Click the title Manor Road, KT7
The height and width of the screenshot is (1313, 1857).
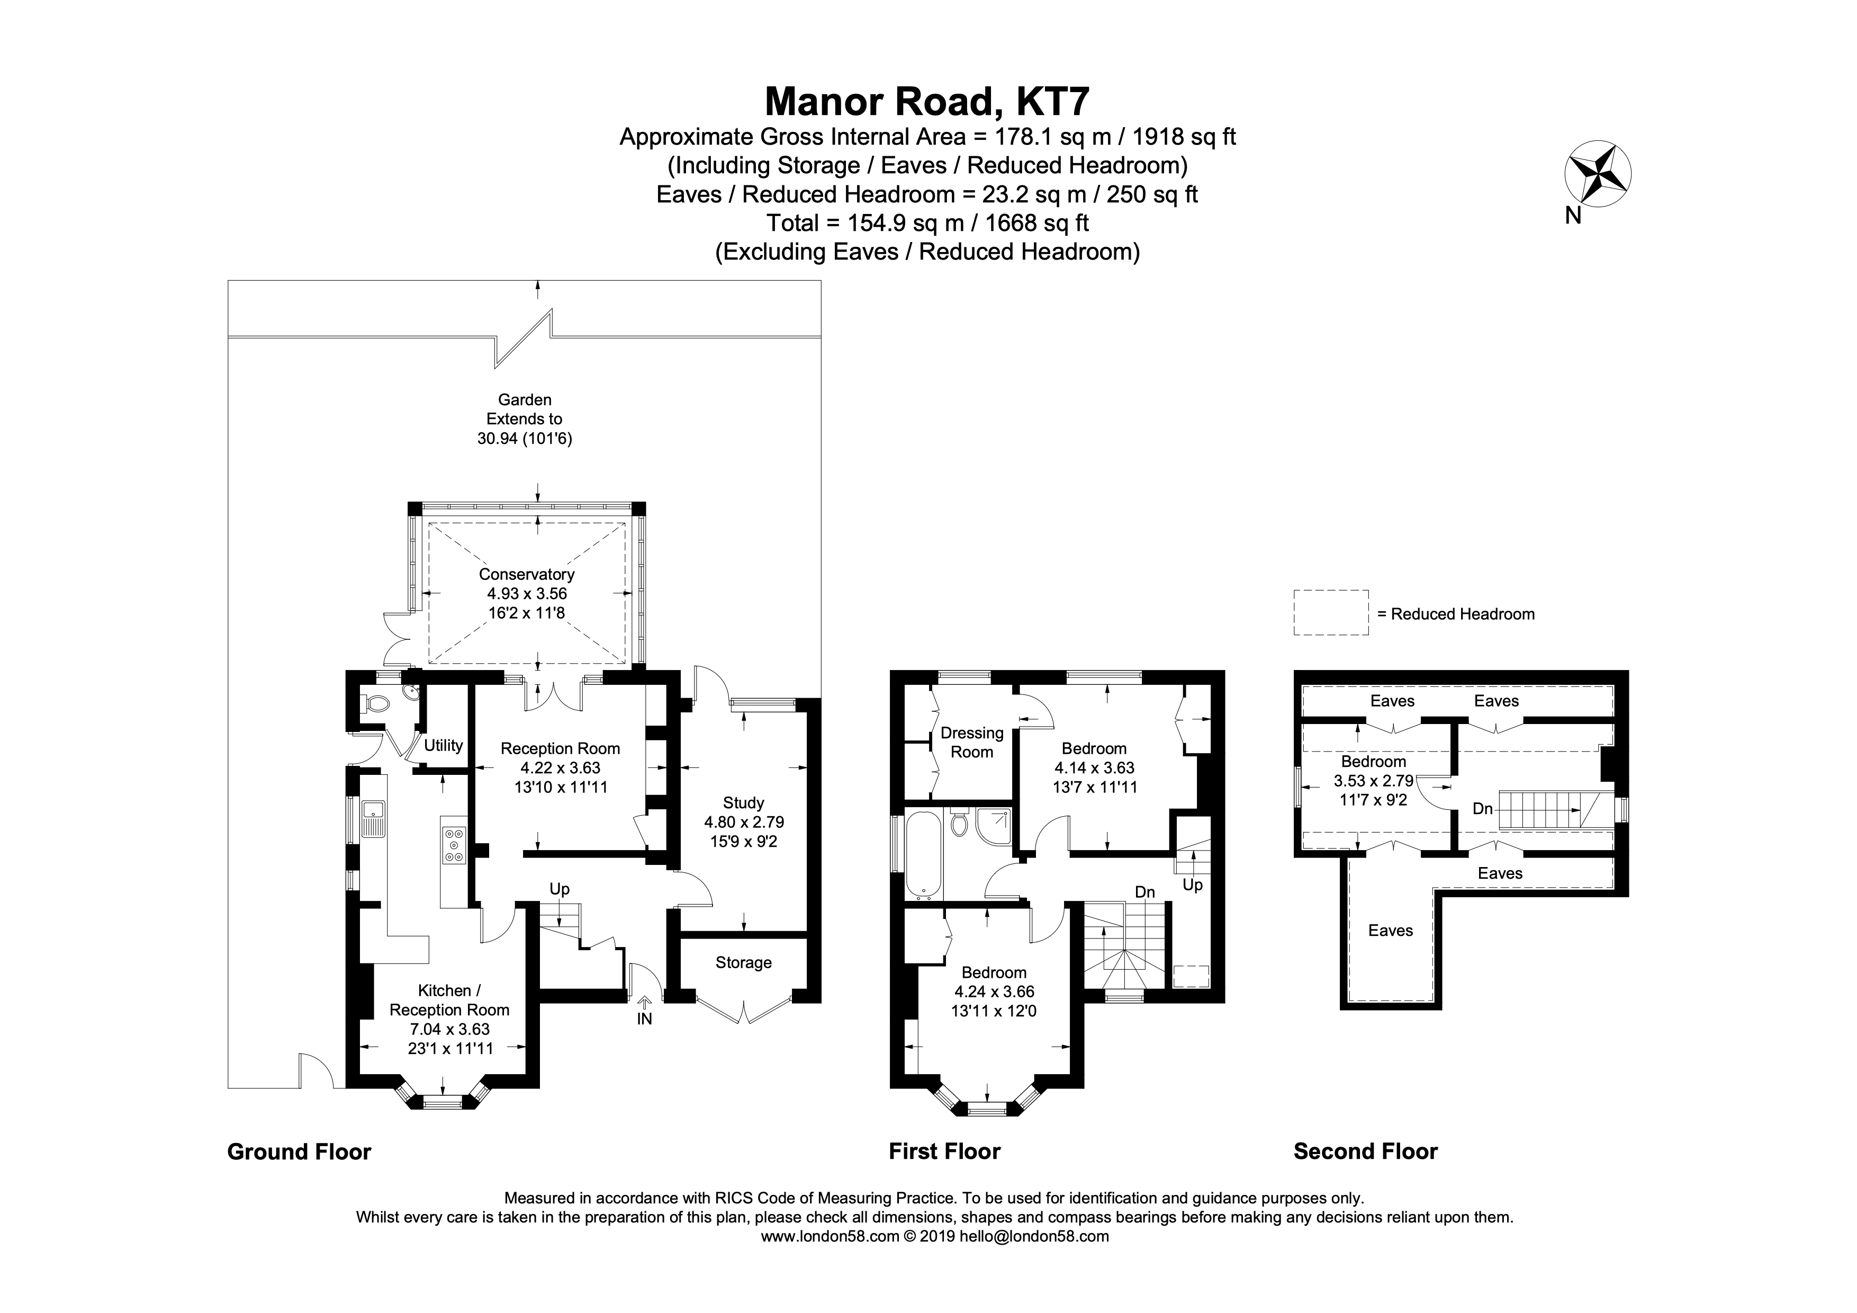tap(927, 102)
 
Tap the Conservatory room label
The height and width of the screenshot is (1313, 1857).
tap(527, 574)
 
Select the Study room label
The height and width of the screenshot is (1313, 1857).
tap(743, 802)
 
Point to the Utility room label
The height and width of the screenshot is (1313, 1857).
tap(443, 745)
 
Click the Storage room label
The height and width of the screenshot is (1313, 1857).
tap(743, 963)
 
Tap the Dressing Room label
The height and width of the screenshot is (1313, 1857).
tap(971, 742)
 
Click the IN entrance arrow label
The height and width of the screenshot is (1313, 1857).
tap(644, 1019)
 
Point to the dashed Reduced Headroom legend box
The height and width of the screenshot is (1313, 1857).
tap(1330, 613)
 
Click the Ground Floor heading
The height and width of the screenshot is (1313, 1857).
tap(299, 1152)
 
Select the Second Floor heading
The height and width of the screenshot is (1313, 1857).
tap(1365, 1151)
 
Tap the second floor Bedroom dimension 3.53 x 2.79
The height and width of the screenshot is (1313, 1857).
tap(1373, 781)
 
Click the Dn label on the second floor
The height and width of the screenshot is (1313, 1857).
tap(1482, 808)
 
